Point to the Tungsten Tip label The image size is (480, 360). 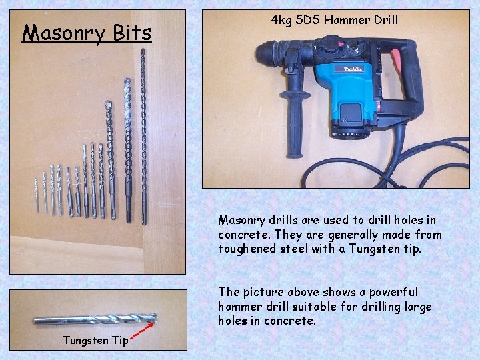click(x=95, y=340)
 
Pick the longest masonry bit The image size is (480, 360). click(x=143, y=133)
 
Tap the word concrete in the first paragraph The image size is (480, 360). click(x=243, y=235)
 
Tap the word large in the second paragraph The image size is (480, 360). click(x=415, y=307)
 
